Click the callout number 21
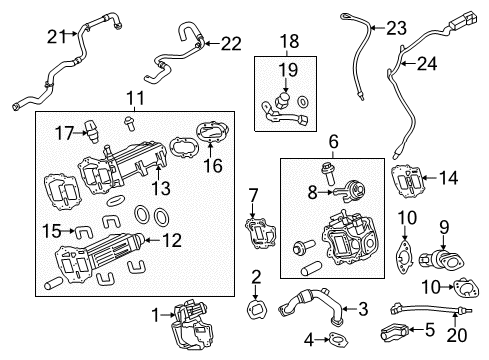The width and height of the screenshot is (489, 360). (57, 36)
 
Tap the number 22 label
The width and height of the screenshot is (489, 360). (231, 44)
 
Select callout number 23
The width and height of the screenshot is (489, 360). (396, 28)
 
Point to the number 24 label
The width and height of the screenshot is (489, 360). (427, 63)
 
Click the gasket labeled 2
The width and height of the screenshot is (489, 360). (256, 311)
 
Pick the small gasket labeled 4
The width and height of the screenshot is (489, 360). (338, 340)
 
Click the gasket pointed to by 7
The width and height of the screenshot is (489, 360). (261, 233)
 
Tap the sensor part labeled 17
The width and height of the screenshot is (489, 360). (92, 131)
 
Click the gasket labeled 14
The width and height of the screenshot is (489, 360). (407, 181)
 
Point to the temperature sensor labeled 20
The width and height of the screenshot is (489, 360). (430, 309)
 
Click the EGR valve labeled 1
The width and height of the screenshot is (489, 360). (188, 325)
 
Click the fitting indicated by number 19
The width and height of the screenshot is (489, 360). (284, 100)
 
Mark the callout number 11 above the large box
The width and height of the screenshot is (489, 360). (136, 98)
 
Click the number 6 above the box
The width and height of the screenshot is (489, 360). (334, 141)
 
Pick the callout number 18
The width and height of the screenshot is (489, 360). (289, 41)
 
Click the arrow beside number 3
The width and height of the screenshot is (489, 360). (350, 309)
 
